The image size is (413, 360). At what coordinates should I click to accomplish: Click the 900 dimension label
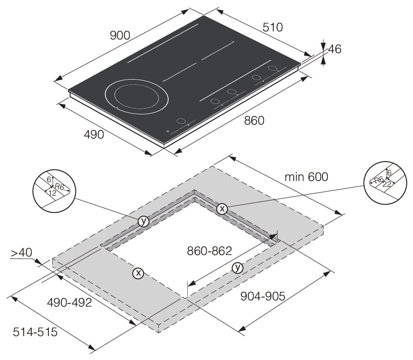coord(120,35)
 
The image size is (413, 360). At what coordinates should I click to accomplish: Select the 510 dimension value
coord(273,27)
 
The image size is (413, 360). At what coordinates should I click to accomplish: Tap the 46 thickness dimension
coord(335,49)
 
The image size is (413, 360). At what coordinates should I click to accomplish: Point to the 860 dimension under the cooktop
coord(254,120)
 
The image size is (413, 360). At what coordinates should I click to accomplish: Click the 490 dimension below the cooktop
coord(94,135)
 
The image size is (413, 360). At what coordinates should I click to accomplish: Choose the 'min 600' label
coord(306,177)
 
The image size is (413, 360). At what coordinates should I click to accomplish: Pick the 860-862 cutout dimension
coord(209,251)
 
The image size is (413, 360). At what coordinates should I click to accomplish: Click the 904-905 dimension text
coord(263,296)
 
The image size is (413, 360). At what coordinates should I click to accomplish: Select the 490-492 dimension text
coord(70,303)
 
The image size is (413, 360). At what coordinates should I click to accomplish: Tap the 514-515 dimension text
coord(35,332)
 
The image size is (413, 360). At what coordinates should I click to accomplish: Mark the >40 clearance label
coord(21,253)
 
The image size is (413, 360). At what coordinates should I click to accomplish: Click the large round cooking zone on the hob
coord(136,96)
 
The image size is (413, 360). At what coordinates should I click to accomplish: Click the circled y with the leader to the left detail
coord(143,221)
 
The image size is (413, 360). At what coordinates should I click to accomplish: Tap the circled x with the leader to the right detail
coord(222,209)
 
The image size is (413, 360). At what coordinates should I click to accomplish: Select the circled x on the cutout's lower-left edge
coord(138,273)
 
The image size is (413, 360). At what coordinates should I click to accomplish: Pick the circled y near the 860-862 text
coord(237,268)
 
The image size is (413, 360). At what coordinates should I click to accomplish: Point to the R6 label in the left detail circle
coord(59,187)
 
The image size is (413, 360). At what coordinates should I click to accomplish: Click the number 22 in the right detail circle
coord(386,184)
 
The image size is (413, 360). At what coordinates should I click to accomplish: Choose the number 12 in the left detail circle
coord(52,193)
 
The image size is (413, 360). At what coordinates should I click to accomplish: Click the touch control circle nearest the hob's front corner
coord(181,121)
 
